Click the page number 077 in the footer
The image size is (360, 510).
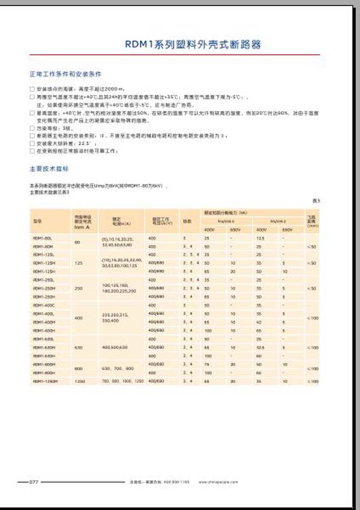[34, 481]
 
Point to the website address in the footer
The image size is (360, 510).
[221, 482]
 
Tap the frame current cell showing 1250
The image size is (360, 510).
[77, 381]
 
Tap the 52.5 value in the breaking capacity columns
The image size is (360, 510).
[259, 347]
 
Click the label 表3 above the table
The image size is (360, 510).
[316, 200]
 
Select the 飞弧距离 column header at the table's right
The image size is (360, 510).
[311, 220]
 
